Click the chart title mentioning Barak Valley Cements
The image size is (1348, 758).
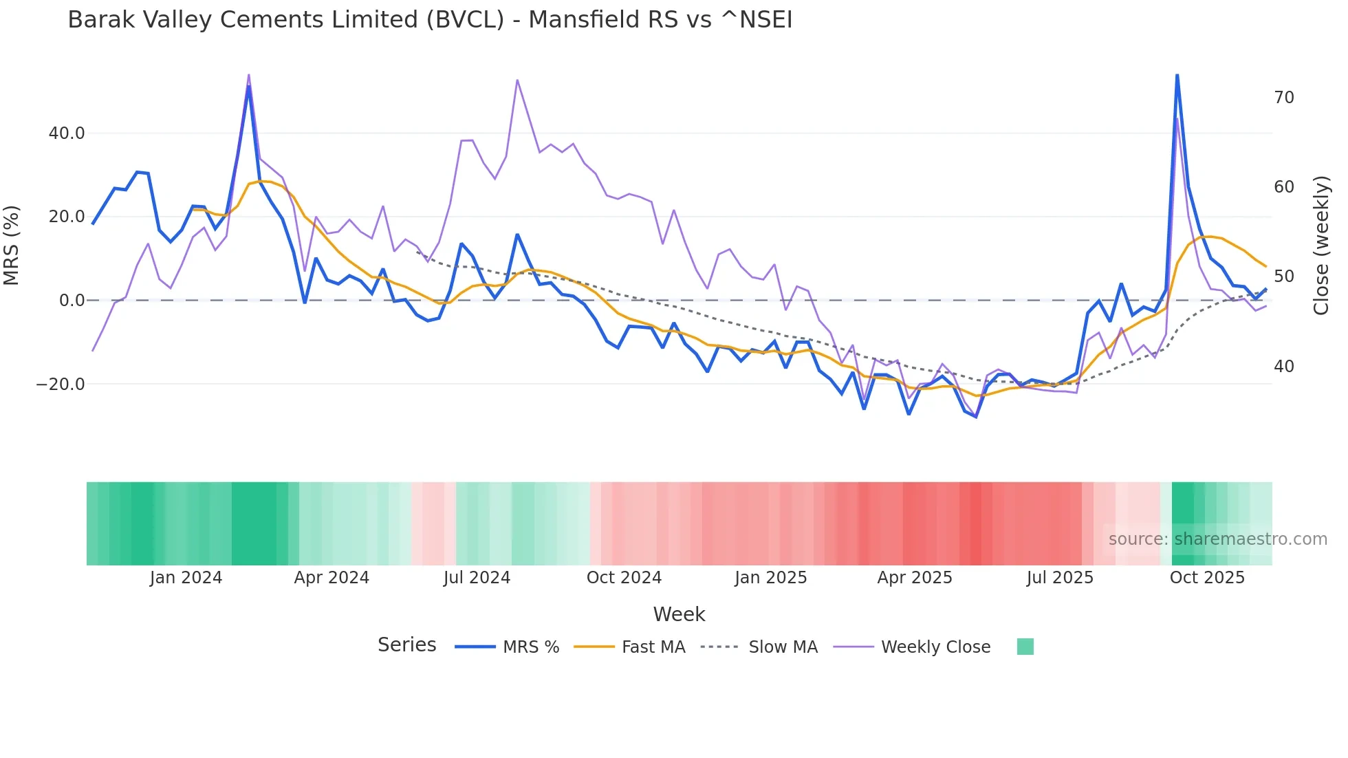click(430, 20)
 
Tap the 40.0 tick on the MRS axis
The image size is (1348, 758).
click(67, 133)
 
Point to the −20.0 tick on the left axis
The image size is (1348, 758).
click(61, 385)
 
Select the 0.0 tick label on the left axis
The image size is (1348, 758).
click(72, 301)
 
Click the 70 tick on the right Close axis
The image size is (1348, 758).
click(1283, 98)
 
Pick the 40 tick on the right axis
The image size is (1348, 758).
click(1283, 367)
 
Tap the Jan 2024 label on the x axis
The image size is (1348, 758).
click(186, 578)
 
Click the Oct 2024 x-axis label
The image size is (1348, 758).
click(624, 578)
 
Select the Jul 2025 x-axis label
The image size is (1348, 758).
click(1060, 578)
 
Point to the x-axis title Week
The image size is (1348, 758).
click(679, 614)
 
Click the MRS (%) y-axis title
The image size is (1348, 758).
click(12, 246)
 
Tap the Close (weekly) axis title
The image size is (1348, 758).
click(1321, 246)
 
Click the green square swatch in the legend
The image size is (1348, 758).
click(1025, 647)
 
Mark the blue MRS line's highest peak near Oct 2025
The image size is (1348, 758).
click(1177, 75)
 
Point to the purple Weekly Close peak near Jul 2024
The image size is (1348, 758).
click(517, 80)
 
